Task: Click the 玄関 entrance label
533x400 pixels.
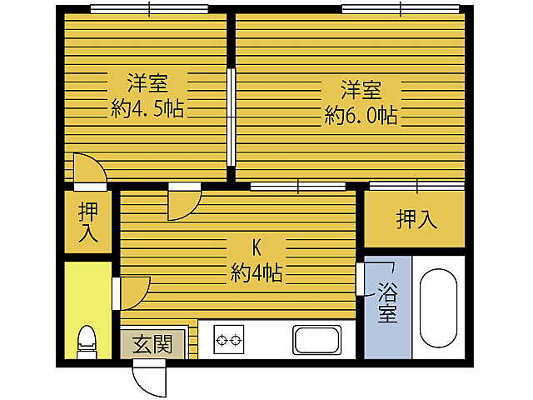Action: (x=152, y=343)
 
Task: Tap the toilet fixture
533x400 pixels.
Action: (x=86, y=341)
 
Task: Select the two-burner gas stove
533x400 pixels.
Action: (x=229, y=340)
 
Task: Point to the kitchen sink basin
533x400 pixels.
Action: (x=316, y=340)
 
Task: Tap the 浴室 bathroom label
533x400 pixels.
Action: (x=387, y=303)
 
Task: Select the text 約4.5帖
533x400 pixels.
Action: (x=147, y=108)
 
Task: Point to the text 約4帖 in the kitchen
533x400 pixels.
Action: (x=257, y=272)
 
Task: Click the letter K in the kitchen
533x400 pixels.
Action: (x=257, y=247)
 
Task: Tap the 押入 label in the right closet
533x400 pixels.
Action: (x=416, y=219)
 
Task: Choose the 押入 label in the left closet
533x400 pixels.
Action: (x=87, y=222)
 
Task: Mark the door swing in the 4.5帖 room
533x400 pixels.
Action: (x=89, y=170)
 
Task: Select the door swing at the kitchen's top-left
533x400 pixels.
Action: (x=183, y=202)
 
